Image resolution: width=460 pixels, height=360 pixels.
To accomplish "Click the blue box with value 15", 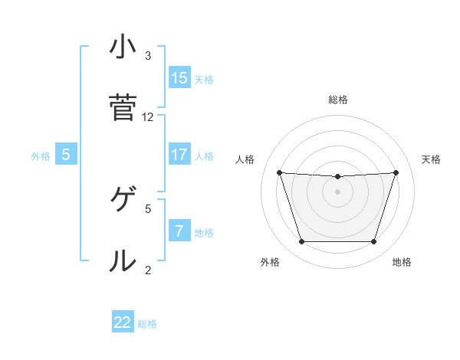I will pos(179,77).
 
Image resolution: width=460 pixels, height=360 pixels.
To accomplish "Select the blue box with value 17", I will pos(179,155).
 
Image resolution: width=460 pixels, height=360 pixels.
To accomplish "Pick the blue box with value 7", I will pos(179,231).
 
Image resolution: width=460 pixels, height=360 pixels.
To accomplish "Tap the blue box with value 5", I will pos(66,155).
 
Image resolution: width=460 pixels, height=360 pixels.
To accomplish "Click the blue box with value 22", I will pos(123,322).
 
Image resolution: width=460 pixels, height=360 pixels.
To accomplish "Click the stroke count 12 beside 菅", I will pos(148,117).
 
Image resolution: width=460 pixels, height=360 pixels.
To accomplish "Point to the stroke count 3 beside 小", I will pos(148,56).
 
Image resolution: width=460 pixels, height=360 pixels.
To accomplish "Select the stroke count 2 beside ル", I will pos(148,270).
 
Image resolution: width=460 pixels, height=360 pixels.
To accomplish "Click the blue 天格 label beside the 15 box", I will pos(204,79).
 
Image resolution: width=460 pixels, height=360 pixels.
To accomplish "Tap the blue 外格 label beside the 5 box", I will pos(41,156).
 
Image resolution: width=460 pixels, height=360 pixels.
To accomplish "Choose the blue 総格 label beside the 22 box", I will pos(147,324).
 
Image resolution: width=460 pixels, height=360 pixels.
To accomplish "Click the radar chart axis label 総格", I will pos(338,100).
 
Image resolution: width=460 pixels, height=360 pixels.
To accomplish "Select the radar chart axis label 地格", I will pos(402,263).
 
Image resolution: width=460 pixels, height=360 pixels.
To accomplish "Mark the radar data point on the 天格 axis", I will pos(396,172).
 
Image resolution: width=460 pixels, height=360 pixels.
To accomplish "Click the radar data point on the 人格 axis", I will pos(279,172).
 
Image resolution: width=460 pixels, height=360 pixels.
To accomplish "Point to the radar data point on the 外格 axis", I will pos(301,242).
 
